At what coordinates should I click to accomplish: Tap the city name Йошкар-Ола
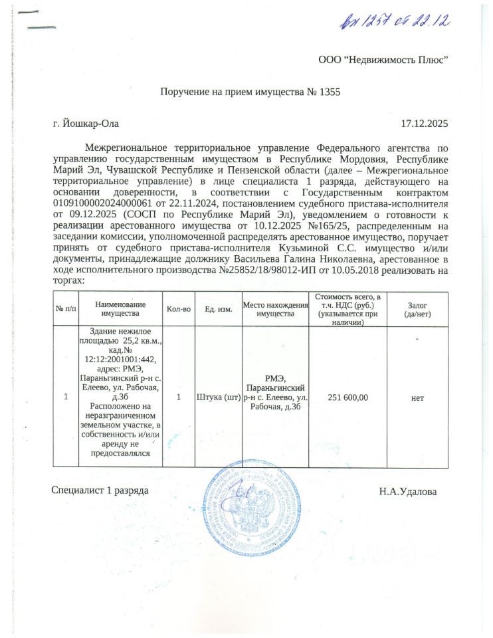tap(87, 123)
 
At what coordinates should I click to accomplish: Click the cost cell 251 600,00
tap(348, 397)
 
